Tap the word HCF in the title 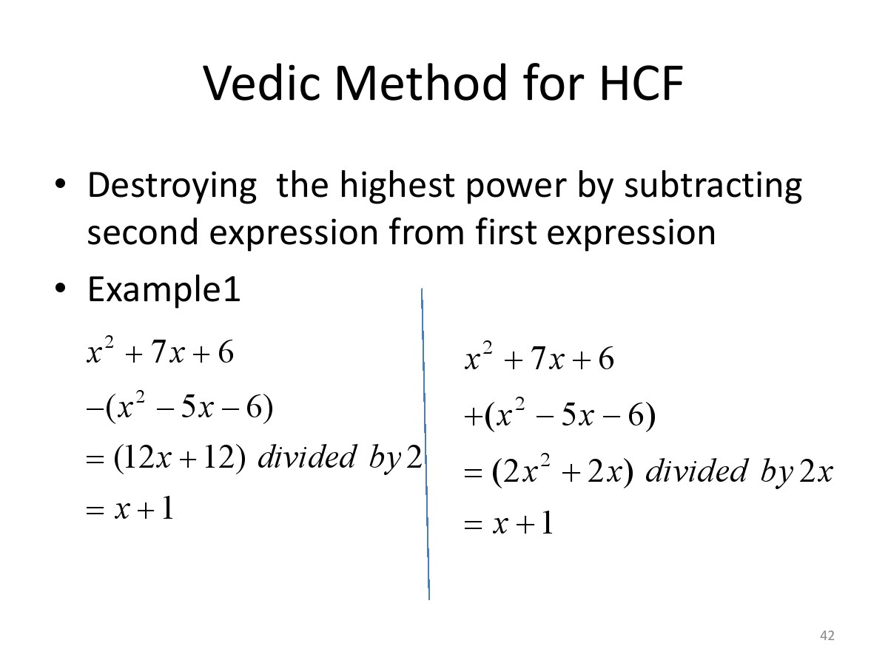pyautogui.click(x=642, y=83)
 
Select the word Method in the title pyautogui.click(x=421, y=83)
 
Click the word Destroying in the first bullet pyautogui.click(x=172, y=186)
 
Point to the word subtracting pyautogui.click(x=713, y=186)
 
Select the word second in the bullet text pyautogui.click(x=142, y=232)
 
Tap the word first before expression pyautogui.click(x=505, y=232)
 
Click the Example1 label pyautogui.click(x=164, y=289)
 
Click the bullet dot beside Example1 pyautogui.click(x=60, y=288)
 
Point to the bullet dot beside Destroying pyautogui.click(x=60, y=184)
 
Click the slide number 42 pyautogui.click(x=827, y=635)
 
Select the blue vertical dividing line pyautogui.click(x=425, y=443)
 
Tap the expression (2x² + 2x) pyautogui.click(x=562, y=472)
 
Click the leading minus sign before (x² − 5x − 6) pyautogui.click(x=95, y=408)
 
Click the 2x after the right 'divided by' pyautogui.click(x=816, y=471)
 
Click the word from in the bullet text pyautogui.click(x=426, y=232)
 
